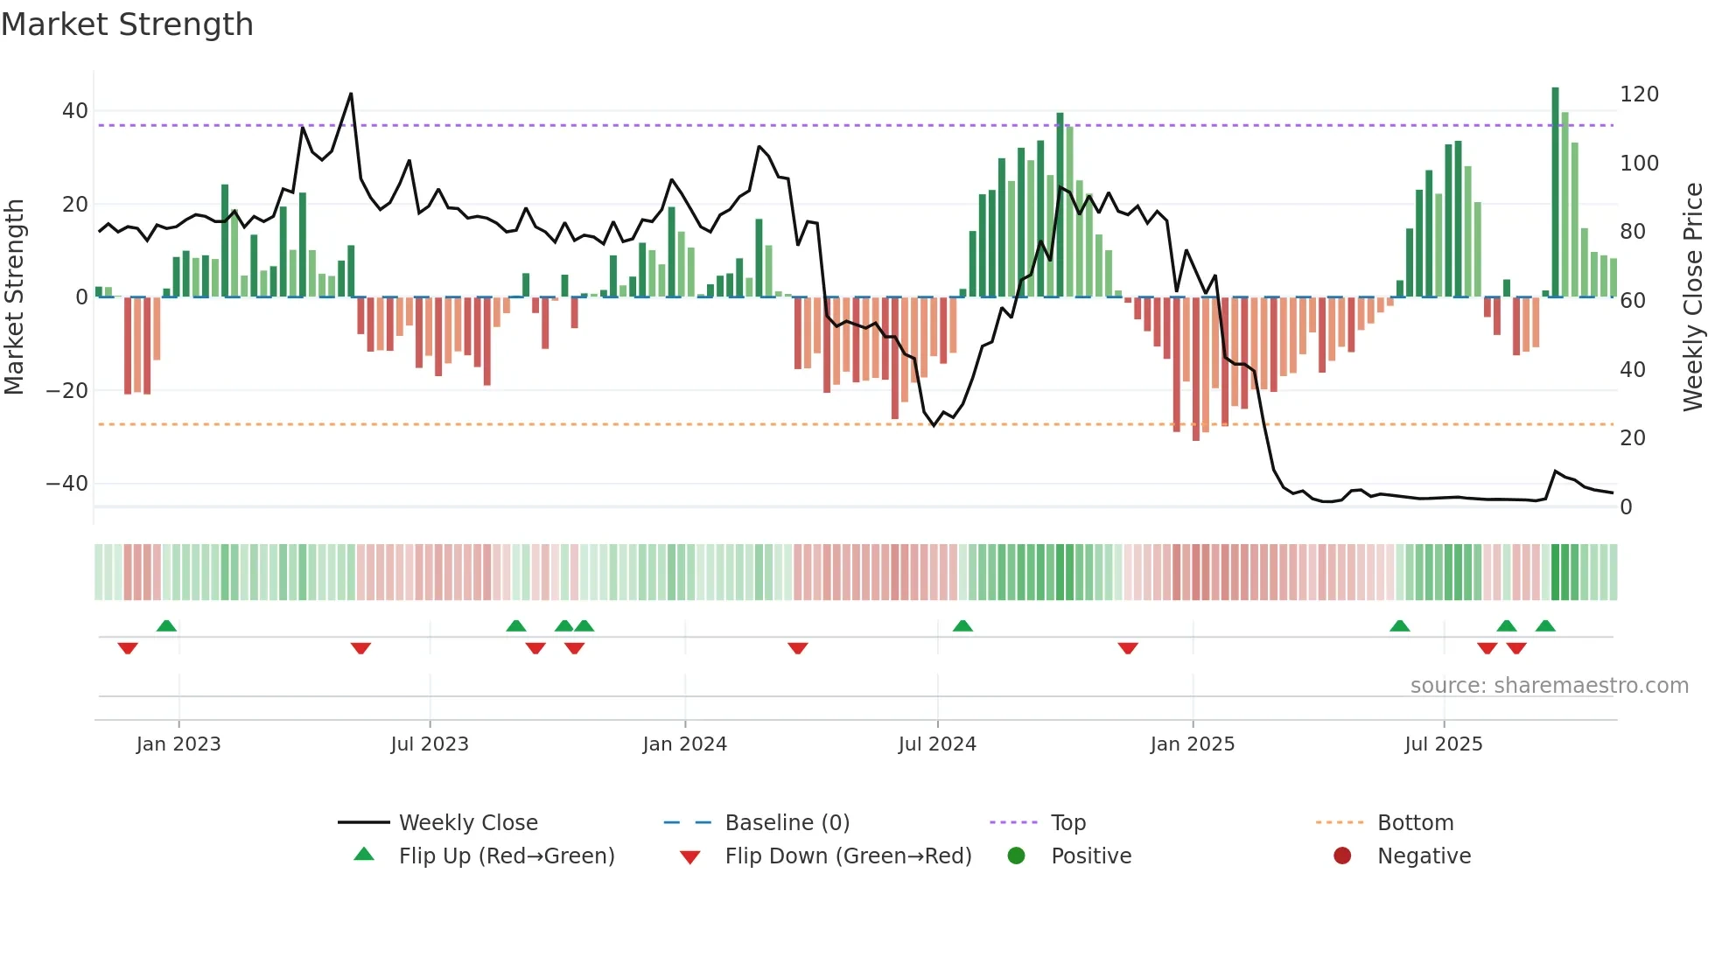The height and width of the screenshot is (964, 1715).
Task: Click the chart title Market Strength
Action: [x=127, y=24]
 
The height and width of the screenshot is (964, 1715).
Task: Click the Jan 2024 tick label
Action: [x=684, y=744]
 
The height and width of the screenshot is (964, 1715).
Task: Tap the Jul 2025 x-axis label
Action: [x=1443, y=744]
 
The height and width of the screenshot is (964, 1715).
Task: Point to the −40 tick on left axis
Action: [x=66, y=484]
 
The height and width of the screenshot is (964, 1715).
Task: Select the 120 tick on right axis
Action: [x=1639, y=94]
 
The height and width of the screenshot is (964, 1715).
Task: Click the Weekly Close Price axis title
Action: [x=1693, y=297]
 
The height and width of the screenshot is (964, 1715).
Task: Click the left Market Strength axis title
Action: [x=14, y=297]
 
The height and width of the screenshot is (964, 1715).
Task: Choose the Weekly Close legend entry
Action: [x=468, y=823]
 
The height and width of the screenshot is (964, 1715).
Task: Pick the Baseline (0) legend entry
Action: [x=787, y=823]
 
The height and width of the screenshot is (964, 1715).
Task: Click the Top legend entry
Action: [x=1067, y=823]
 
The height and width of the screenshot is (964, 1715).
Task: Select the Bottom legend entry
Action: [x=1415, y=823]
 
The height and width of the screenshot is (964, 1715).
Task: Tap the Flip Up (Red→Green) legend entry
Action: [x=506, y=856]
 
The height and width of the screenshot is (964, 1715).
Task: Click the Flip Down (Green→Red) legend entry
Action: [x=848, y=856]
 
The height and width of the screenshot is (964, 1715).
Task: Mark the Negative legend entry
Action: [x=1424, y=856]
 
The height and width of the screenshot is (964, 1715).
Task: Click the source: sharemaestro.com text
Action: [x=1549, y=686]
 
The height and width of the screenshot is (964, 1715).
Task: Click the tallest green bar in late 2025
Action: [x=1555, y=192]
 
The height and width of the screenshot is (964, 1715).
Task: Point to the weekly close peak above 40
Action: [x=351, y=94]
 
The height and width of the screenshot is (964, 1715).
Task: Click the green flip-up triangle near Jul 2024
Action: [x=962, y=625]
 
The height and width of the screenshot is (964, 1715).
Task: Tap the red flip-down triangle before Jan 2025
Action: [x=1128, y=648]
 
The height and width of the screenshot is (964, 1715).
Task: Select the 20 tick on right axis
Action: [x=1632, y=438]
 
